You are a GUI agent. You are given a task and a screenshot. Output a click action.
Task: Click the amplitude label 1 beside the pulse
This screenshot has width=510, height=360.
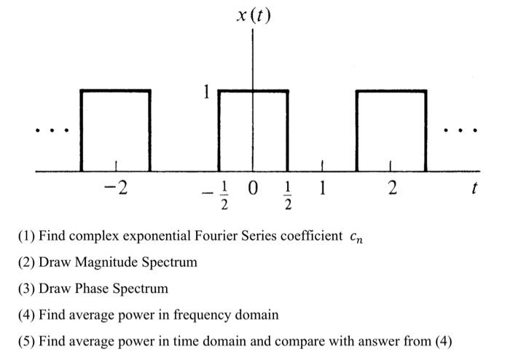pyautogui.click(x=207, y=93)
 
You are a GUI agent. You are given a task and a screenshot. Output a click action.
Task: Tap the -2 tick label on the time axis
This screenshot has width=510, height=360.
pyautogui.click(x=115, y=189)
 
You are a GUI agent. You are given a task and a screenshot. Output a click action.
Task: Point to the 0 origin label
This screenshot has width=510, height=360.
pyautogui.click(x=254, y=189)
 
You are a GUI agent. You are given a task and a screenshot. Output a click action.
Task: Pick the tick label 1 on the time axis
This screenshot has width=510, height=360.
pyautogui.click(x=322, y=189)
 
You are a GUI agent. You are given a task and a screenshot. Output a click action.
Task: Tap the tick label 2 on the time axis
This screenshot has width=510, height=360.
pyautogui.click(x=392, y=189)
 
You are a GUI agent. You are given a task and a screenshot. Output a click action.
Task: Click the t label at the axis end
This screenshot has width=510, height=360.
pyautogui.click(x=475, y=189)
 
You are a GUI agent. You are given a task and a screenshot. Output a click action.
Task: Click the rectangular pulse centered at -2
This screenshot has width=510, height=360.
pyautogui.click(x=115, y=131)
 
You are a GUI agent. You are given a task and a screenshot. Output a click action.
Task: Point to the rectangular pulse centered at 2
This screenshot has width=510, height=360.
pyautogui.click(x=391, y=131)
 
